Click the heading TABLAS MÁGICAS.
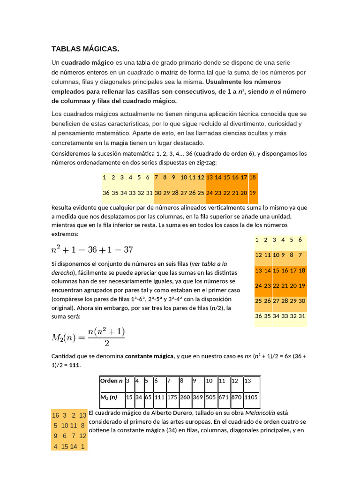(85, 49)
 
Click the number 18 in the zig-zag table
(253, 177)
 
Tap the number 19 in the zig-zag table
(253, 193)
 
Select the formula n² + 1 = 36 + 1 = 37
(92, 249)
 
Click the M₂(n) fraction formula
(88, 337)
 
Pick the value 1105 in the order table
(251, 397)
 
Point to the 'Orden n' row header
(111, 381)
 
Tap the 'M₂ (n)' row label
(109, 397)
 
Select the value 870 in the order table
(236, 397)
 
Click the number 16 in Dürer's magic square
(55, 415)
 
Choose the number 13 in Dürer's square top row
(82, 415)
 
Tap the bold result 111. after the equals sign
(75, 365)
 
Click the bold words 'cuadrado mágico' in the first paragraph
(87, 62)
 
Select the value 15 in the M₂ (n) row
(129, 397)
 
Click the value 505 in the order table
(210, 397)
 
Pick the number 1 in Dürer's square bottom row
(82, 446)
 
